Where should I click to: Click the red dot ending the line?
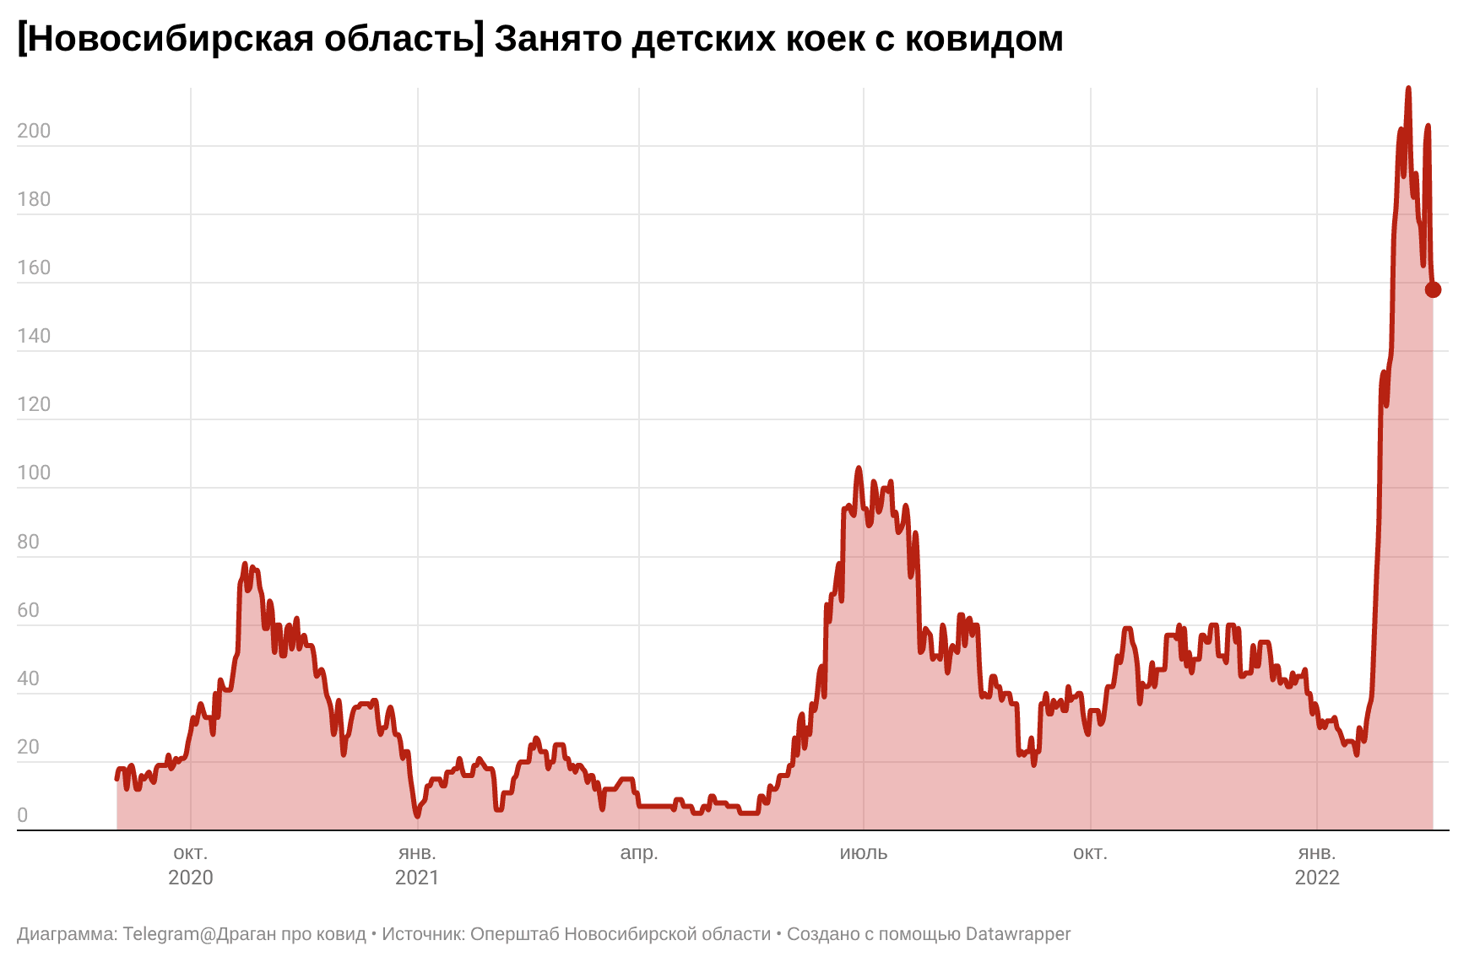coord(1433,289)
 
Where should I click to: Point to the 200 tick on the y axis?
coord(34,131)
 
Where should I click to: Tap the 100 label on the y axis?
coord(34,473)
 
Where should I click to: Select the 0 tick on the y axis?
coord(23,815)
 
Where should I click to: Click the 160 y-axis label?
coord(34,268)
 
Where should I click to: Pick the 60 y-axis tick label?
coord(28,610)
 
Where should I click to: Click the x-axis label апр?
coord(639,852)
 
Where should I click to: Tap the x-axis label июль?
coord(864,852)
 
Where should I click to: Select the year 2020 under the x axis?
coord(191,878)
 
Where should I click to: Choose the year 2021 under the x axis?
coord(417,878)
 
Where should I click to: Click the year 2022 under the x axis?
coord(1317,878)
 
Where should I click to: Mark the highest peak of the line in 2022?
coord(1408,88)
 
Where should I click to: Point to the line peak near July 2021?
coord(859,467)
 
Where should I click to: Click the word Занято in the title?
coord(557,39)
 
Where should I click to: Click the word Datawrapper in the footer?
coord(1018,934)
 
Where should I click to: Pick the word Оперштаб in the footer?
coord(514,934)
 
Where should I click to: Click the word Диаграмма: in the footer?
coord(67,934)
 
